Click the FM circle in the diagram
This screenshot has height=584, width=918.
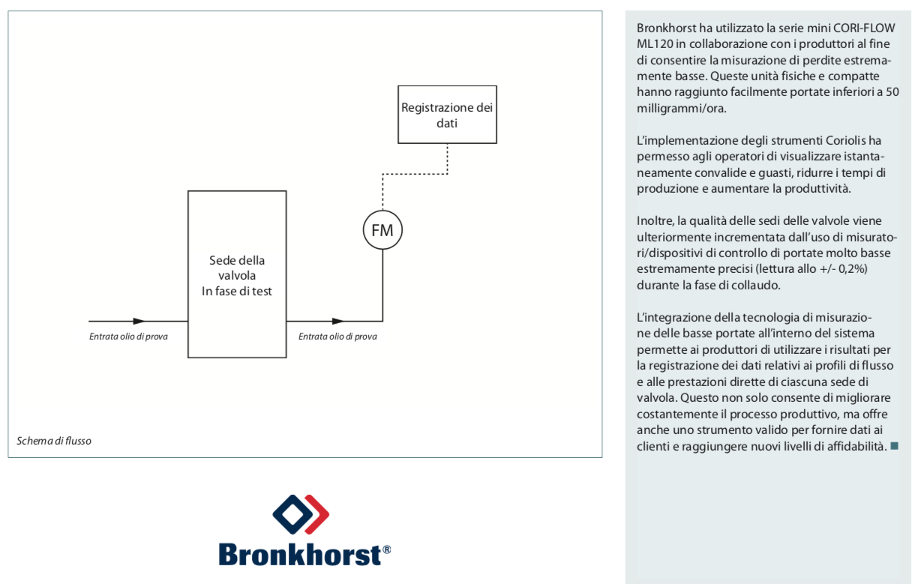(x=382, y=230)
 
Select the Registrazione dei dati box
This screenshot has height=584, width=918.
(x=447, y=115)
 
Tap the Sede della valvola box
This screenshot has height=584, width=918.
(x=237, y=274)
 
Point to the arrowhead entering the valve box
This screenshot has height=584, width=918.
(x=139, y=321)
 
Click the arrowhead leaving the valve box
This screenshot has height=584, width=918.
(x=339, y=321)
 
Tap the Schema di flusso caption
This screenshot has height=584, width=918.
(x=54, y=441)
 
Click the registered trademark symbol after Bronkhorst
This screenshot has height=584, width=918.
(x=387, y=550)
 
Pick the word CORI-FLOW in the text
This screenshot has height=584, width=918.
(x=865, y=29)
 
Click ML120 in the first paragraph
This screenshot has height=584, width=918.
(x=652, y=43)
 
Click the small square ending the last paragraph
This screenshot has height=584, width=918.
(x=893, y=446)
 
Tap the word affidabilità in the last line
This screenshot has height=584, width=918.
(x=851, y=446)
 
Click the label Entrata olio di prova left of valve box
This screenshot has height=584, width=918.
(x=128, y=336)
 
